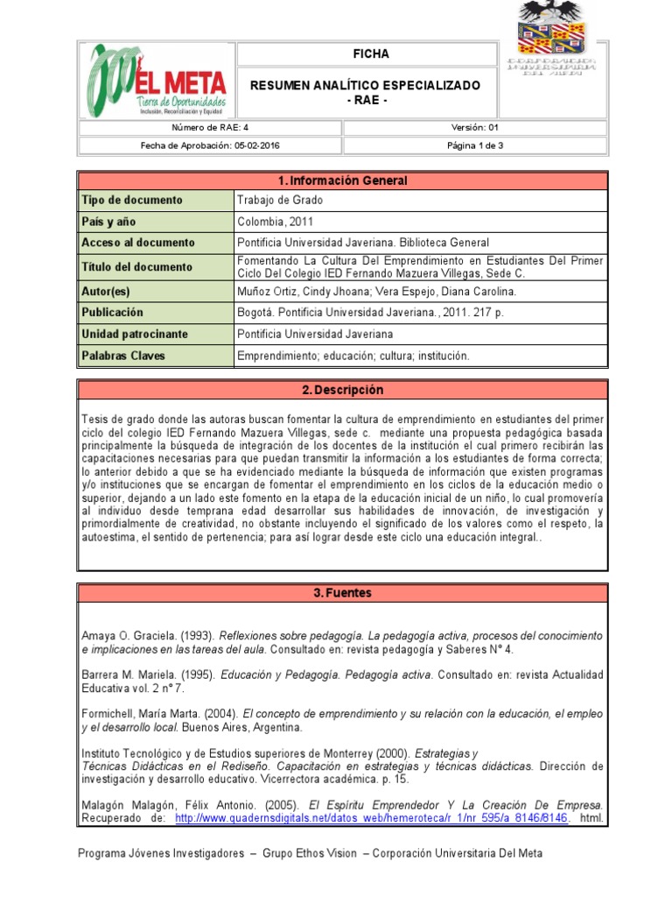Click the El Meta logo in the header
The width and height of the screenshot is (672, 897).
157,80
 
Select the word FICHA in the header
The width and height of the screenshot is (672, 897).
371,54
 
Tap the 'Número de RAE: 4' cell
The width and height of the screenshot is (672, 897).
209,128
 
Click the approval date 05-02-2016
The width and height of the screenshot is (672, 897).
256,145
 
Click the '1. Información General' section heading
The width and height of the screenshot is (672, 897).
342,180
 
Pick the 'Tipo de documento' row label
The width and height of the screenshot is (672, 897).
132,200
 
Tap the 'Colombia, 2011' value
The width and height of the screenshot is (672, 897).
273,222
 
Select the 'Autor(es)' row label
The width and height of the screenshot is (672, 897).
108,292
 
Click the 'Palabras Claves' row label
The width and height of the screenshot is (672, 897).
123,356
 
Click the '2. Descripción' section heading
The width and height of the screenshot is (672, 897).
342,390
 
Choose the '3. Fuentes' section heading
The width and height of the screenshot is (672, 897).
342,593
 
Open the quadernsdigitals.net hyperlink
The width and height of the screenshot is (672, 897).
373,818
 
